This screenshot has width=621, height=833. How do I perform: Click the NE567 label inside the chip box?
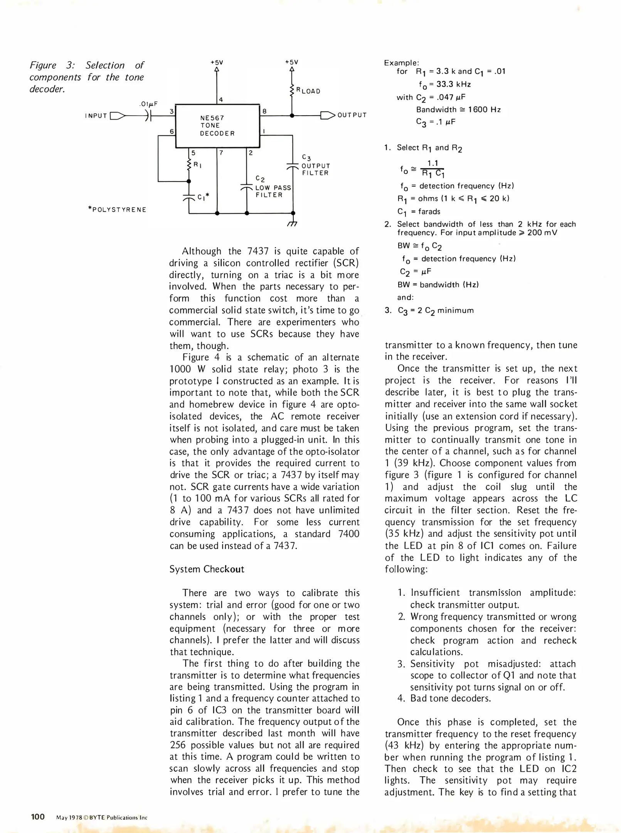[x=212, y=118]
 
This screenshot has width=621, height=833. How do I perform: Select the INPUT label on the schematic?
[x=96, y=116]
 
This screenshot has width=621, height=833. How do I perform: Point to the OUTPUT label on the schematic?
[x=352, y=115]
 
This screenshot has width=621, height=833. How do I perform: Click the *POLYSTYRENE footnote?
[x=117, y=210]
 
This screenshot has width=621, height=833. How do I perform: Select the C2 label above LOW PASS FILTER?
[x=260, y=179]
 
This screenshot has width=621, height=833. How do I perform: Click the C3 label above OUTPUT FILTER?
[x=306, y=157]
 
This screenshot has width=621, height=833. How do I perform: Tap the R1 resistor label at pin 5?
[x=198, y=165]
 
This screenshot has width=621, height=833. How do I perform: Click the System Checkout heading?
[x=207, y=569]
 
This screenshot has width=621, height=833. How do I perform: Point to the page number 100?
[x=38, y=816]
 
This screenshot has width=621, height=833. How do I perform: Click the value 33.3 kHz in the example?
[x=453, y=84]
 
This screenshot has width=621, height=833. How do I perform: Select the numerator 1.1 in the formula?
[x=433, y=164]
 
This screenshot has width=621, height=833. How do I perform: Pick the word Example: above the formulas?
[x=401, y=63]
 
